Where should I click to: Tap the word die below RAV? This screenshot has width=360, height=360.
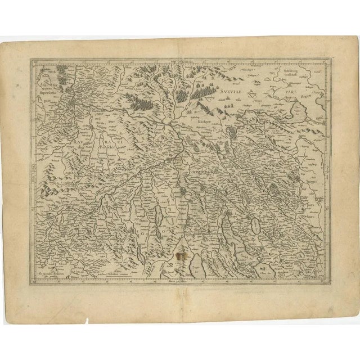click(x=90, y=150)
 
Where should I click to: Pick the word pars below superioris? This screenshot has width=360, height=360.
click(x=43, y=96)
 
